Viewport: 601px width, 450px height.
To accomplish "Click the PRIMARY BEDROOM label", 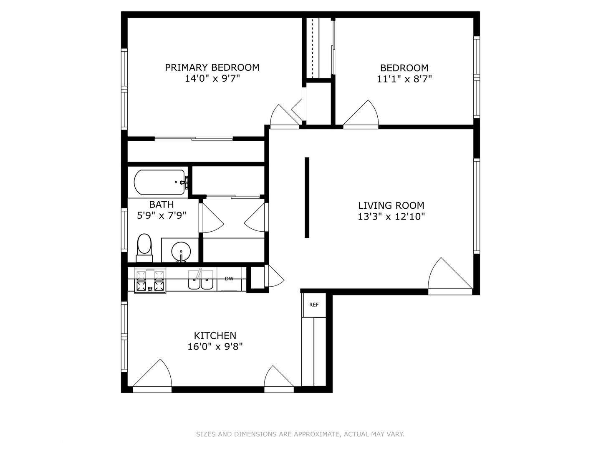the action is coord(212,67).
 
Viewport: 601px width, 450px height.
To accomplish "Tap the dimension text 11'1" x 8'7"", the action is coord(404,79).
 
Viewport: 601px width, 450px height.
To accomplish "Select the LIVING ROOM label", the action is coord(391,205).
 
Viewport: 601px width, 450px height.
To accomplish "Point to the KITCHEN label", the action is coord(215,335).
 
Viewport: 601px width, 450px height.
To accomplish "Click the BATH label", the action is coord(161,204).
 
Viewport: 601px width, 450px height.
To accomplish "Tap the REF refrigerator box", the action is coord(314,305).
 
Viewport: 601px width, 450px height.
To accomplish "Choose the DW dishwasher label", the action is coord(229,279).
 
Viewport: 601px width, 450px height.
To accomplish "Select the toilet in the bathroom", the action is coord(144,248).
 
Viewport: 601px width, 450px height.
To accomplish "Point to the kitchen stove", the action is coord(150,280).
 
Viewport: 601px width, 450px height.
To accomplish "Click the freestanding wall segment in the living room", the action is coord(307,197).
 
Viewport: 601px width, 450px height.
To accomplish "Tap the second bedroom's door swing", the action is coord(361,114).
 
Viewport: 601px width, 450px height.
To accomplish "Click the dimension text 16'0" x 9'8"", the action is coord(215,347).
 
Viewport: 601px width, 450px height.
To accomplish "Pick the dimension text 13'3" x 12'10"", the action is coord(391,217).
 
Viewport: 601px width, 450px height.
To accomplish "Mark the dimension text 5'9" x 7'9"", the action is coord(162,215).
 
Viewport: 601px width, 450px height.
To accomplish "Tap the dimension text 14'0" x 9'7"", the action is coord(212,79).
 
